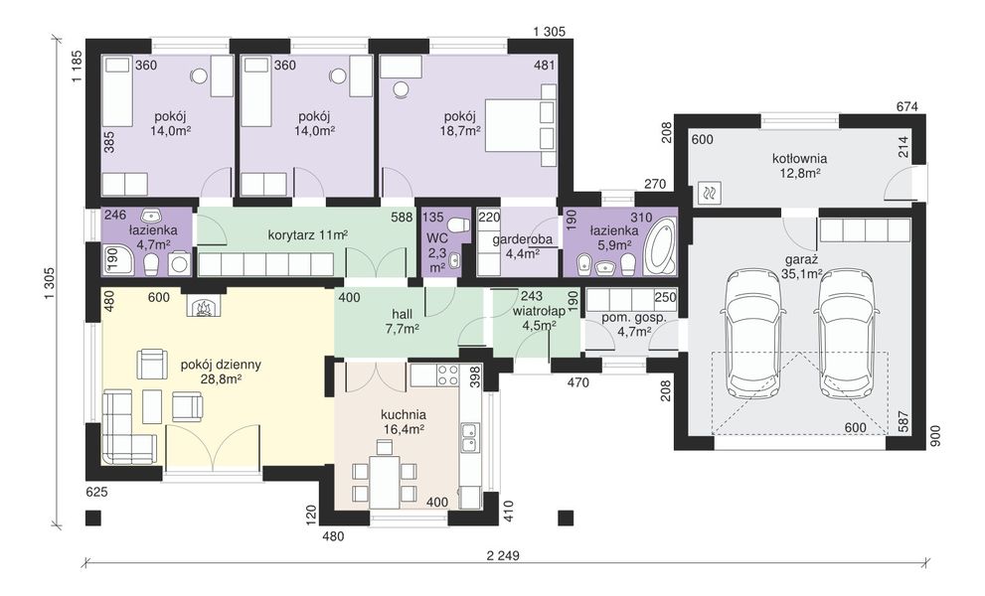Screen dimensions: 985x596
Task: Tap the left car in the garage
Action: point(754,332)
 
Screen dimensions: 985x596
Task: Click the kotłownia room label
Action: point(799,159)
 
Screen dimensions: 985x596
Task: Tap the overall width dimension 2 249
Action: point(503,555)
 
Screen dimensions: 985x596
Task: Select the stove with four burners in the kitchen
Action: point(446,374)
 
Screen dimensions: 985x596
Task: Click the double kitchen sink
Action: point(468,438)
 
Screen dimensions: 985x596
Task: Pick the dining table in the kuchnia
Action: point(384,472)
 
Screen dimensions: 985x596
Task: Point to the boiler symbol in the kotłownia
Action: point(711,194)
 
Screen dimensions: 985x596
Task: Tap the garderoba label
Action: point(522,239)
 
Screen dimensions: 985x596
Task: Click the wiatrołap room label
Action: point(535,311)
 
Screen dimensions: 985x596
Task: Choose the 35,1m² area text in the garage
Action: point(802,274)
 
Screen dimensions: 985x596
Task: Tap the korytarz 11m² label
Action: point(308,235)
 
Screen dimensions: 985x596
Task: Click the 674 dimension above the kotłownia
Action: point(907,106)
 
